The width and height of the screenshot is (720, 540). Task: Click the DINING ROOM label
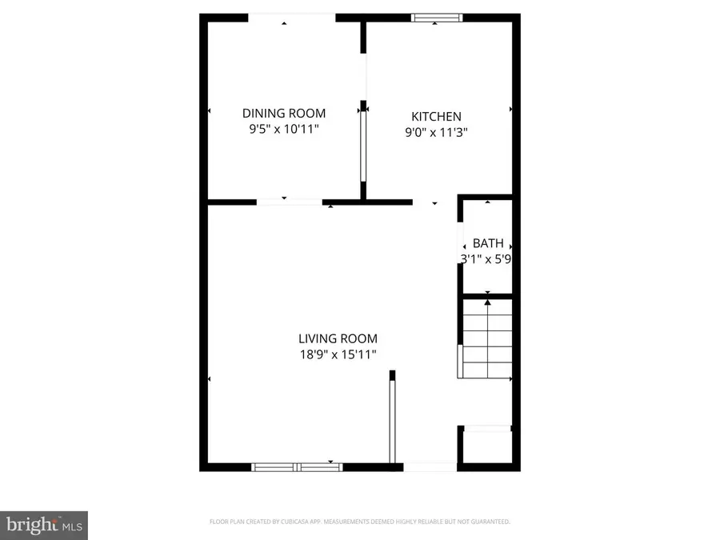284,113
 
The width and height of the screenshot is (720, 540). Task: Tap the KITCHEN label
436,116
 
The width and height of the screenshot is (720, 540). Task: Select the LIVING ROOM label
338,338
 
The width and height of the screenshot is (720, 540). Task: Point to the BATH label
488,243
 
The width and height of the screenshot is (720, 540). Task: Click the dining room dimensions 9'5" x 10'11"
284,128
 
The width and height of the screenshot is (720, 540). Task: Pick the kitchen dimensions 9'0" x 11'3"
436,132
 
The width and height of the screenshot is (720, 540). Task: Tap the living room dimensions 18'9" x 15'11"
338,354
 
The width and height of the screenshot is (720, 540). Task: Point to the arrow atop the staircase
488,302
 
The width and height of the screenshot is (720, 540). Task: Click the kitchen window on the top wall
437,17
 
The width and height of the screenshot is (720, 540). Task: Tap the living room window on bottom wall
296,466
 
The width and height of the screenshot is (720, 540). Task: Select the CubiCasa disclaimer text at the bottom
359,522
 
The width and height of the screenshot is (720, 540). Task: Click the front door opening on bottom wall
430,466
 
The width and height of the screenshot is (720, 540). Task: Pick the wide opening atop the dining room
291,17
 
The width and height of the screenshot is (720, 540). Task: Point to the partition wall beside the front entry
392,420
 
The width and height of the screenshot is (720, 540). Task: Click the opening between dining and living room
289,201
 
